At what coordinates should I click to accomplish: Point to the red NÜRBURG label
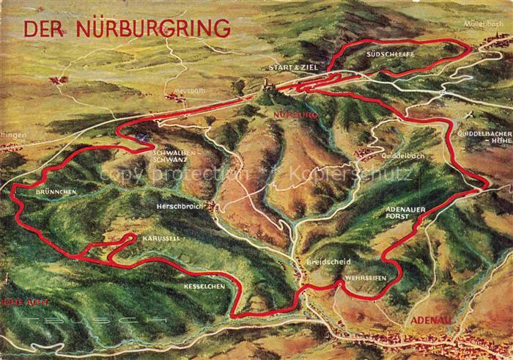pos(294,116)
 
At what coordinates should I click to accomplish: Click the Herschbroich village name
pos(179,206)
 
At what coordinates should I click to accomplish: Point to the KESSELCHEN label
pos(204,286)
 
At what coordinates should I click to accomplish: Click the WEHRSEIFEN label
pos(363,278)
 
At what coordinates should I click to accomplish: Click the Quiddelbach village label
pos(402,156)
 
